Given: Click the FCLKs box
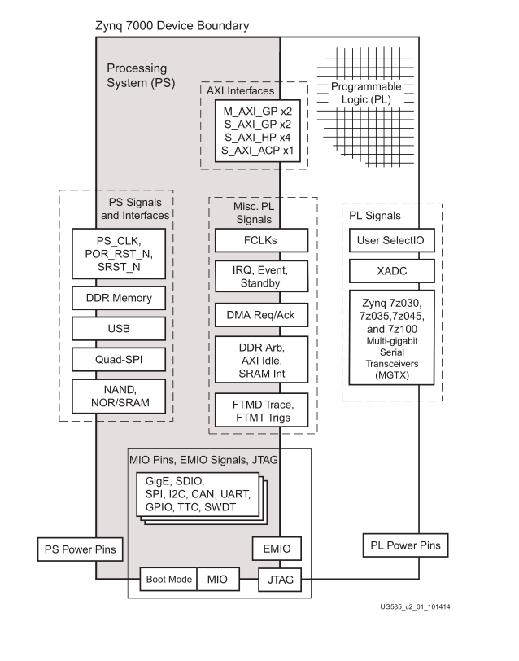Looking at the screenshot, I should [x=261, y=240].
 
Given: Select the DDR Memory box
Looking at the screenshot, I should [x=119, y=299].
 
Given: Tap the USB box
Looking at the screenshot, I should [x=119, y=329].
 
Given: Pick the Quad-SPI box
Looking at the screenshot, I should [x=119, y=359].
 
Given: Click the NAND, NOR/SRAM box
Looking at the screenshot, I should [x=119, y=396].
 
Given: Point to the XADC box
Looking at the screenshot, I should [x=393, y=271].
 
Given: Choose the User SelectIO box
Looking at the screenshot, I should [x=393, y=240].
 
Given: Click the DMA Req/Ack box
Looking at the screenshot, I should [x=261, y=314].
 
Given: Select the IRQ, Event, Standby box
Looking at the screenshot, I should [x=261, y=277].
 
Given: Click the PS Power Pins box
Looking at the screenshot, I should [x=80, y=549].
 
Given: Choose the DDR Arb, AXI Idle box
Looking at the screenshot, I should [x=261, y=358].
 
